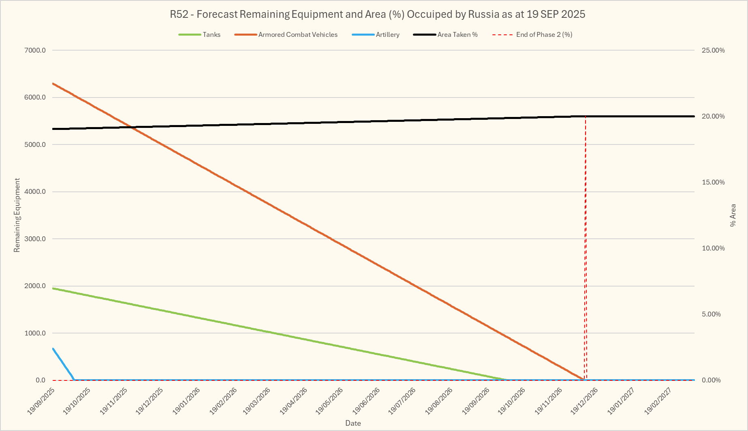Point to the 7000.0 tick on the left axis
coord(35,50)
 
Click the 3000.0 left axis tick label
coord(35,239)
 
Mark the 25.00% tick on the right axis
coord(713,50)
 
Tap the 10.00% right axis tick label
coord(713,248)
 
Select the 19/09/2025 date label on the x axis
coord(41,401)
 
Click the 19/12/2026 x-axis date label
coord(584,401)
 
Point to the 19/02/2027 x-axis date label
coord(658,401)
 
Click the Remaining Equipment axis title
coord(17,215)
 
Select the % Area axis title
coord(733,215)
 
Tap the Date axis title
coord(353,423)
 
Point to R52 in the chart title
coord(179,14)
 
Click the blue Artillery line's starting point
coord(53,348)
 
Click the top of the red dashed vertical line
coord(586,117)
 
